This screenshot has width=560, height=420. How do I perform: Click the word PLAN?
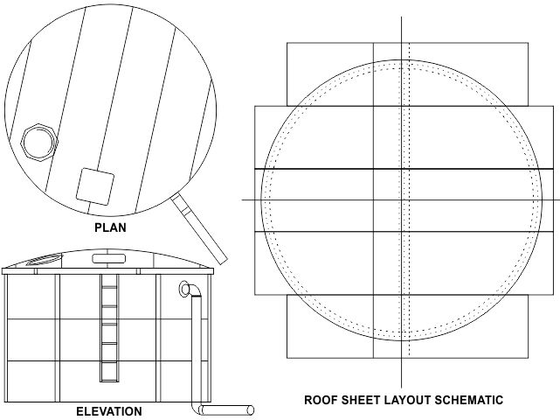(x=110, y=227)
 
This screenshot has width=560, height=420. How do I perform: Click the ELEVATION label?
(x=108, y=411)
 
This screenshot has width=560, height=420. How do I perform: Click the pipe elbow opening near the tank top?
(x=185, y=288)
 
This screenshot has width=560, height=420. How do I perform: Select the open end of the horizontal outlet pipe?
(x=252, y=409)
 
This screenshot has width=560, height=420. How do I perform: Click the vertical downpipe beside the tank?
(x=196, y=350)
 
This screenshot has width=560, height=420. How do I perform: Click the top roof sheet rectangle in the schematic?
(x=408, y=73)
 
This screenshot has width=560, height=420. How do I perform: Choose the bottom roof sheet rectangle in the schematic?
(x=408, y=327)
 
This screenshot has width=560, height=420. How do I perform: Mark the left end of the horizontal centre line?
(x=242, y=199)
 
